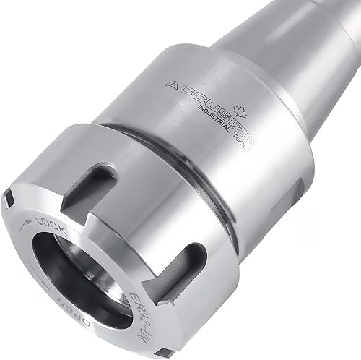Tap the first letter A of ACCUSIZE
171,86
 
